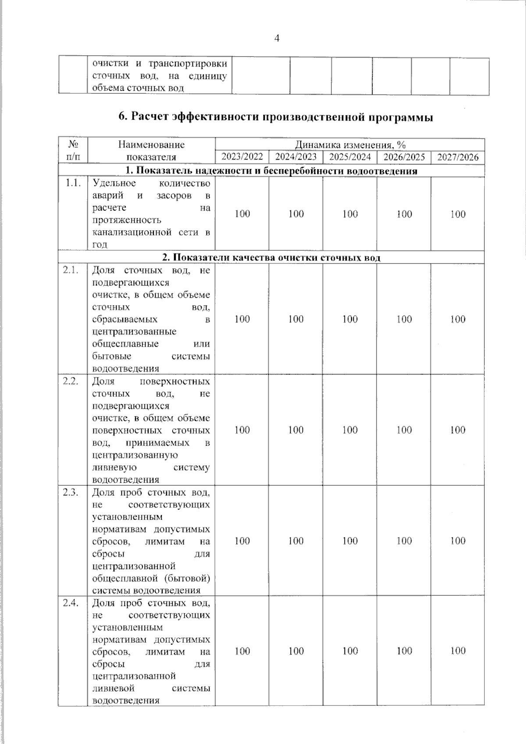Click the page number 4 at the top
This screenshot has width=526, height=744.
point(277,39)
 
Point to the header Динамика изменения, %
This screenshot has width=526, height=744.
point(350,145)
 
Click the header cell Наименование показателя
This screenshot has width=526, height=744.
point(151,151)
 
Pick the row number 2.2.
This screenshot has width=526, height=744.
point(71,381)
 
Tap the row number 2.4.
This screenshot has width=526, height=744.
point(71,603)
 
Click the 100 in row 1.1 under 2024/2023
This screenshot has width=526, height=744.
point(296,214)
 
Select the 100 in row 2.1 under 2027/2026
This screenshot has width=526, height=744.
point(458,319)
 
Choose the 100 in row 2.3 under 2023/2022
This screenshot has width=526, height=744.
point(242,541)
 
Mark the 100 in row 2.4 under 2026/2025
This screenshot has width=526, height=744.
point(404,651)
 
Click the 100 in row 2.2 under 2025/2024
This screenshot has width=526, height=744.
point(350,430)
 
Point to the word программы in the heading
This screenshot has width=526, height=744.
point(400,117)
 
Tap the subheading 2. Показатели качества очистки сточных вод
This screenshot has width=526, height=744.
point(271,258)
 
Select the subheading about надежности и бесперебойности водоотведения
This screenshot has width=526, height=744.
point(271,171)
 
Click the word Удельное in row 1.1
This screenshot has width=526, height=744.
point(114,183)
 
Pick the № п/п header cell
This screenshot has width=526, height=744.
point(73,151)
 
